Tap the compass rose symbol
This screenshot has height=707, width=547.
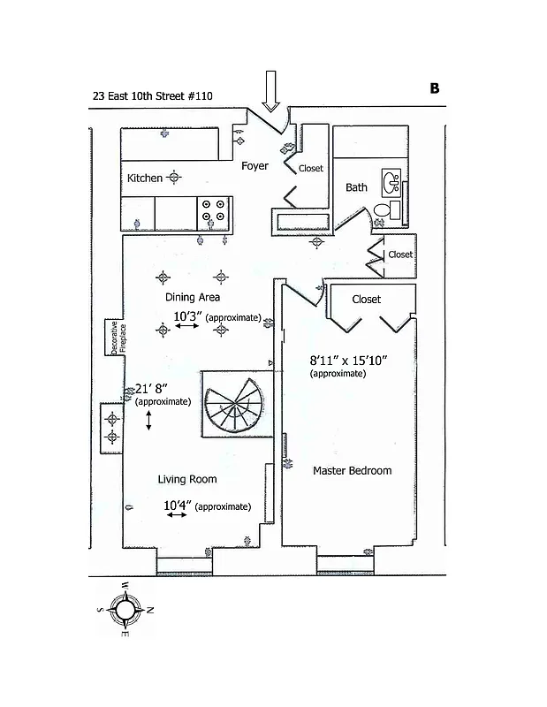click(x=126, y=609)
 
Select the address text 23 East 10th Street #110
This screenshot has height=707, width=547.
click(x=152, y=96)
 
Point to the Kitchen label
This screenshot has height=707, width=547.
click(x=145, y=178)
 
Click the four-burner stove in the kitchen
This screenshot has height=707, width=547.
click(x=213, y=209)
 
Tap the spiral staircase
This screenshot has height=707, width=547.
click(x=233, y=404)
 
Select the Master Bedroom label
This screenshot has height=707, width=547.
click(x=352, y=470)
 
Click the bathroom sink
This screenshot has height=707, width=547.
click(x=391, y=184)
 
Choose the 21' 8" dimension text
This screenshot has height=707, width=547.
click(x=150, y=388)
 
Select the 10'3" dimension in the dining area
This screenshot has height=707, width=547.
click(x=186, y=315)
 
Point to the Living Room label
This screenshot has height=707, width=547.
click(x=187, y=479)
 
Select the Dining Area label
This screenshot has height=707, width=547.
click(x=193, y=297)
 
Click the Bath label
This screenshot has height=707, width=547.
click(x=356, y=187)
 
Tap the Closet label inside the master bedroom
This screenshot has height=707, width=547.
click(x=366, y=300)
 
